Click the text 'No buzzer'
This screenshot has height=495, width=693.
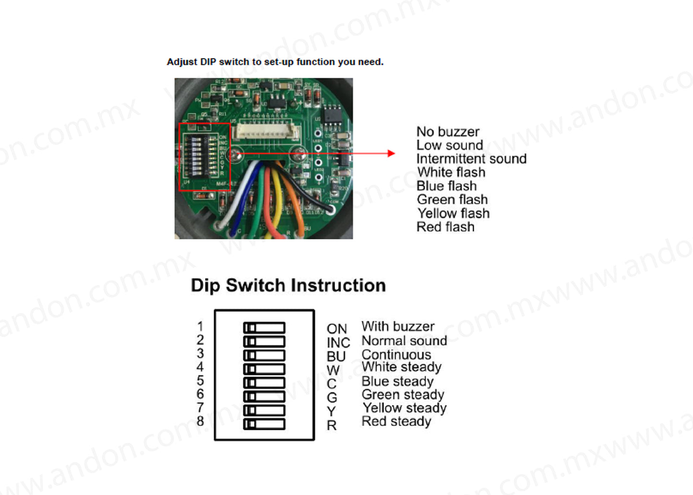point(447,131)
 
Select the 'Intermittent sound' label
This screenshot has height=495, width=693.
point(471,159)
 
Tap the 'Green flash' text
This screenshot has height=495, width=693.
point(452,200)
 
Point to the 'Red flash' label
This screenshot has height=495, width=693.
point(445,227)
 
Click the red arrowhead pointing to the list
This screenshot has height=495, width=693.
point(391,153)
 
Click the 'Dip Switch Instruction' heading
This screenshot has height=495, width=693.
point(288,285)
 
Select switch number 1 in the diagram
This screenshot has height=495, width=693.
point(264,328)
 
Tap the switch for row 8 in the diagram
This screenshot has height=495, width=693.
point(264,424)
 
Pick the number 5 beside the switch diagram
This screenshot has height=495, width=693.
point(200,380)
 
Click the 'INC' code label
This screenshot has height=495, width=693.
point(338,342)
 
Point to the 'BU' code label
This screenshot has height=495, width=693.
point(336,356)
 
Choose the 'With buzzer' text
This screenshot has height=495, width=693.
point(398,327)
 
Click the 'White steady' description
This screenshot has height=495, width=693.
point(401,367)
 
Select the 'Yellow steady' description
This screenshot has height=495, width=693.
point(404,408)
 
